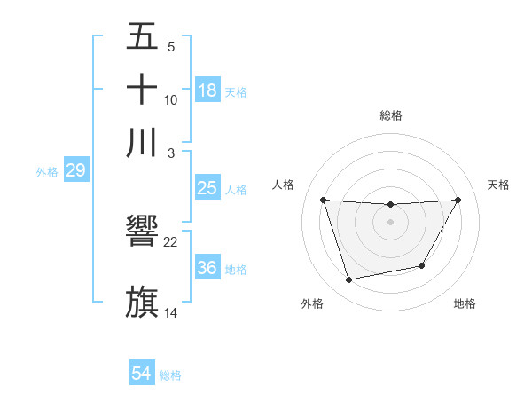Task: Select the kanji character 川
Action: tap(142, 142)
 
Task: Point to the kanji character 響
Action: tap(142, 232)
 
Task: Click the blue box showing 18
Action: tap(207, 90)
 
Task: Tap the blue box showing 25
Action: tap(207, 188)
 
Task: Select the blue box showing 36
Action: tap(207, 268)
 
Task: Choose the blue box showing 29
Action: tap(75, 170)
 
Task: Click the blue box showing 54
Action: tap(141, 374)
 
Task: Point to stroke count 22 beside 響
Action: tap(171, 242)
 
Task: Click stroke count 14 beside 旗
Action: tap(171, 312)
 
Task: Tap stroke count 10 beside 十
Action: tap(171, 100)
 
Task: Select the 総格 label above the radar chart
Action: tap(391, 115)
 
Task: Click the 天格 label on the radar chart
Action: tap(499, 185)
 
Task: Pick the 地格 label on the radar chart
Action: tap(465, 303)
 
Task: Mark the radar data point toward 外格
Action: tap(349, 280)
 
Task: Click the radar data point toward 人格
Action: tap(323, 200)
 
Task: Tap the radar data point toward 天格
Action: tap(458, 200)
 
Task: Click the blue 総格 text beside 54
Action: tap(170, 375)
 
